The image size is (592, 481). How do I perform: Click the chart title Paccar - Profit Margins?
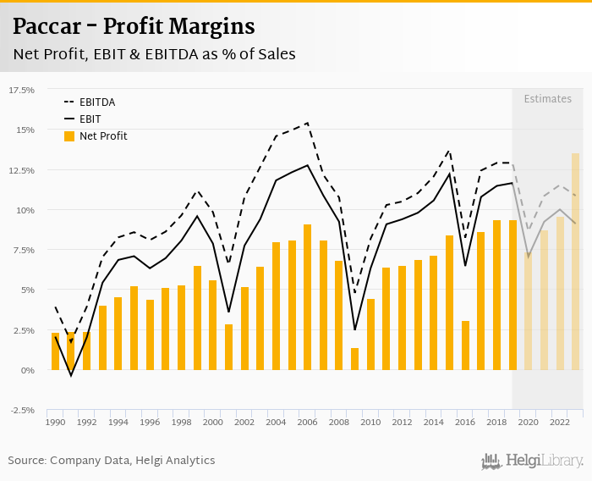click(x=134, y=26)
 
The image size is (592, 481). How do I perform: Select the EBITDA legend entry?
click(x=97, y=102)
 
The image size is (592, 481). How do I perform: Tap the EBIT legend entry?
click(x=91, y=119)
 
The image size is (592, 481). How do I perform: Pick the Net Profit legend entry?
click(x=103, y=135)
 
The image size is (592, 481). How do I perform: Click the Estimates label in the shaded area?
click(x=547, y=99)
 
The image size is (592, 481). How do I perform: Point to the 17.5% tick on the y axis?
click(x=21, y=90)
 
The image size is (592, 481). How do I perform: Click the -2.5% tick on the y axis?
click(x=21, y=410)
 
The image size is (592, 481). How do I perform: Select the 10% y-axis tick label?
click(x=25, y=210)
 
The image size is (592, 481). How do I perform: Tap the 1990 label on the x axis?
click(x=56, y=422)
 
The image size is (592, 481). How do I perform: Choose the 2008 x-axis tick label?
click(x=338, y=422)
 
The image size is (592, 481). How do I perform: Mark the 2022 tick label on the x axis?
click(x=559, y=422)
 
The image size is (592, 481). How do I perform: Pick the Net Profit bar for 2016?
click(x=465, y=346)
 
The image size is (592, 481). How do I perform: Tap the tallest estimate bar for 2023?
click(x=575, y=262)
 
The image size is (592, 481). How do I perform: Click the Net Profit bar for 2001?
click(x=228, y=347)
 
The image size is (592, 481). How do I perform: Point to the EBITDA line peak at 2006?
click(x=307, y=123)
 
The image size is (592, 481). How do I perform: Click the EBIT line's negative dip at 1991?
click(x=71, y=375)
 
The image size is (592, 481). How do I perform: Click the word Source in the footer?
click(x=26, y=461)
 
